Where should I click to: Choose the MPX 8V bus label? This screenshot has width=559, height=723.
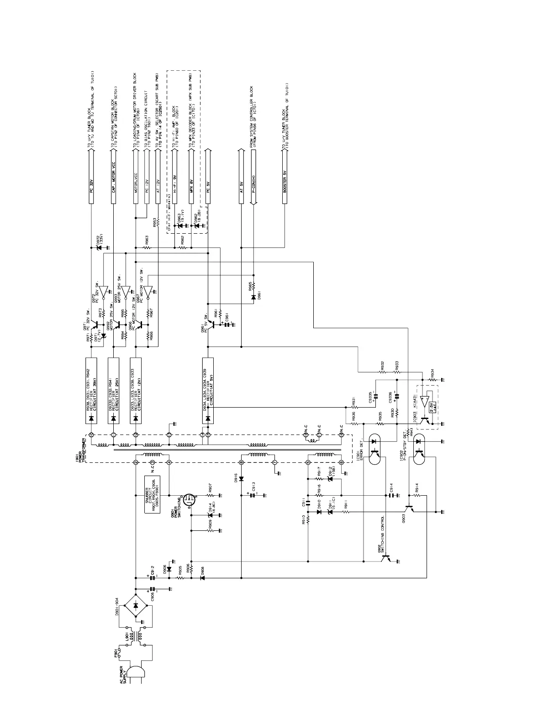tap(191, 187)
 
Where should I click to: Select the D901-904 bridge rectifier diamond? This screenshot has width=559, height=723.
tap(136, 606)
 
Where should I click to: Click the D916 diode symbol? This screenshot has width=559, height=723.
tap(241, 479)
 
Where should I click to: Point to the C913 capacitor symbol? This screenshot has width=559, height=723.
tap(251, 495)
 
